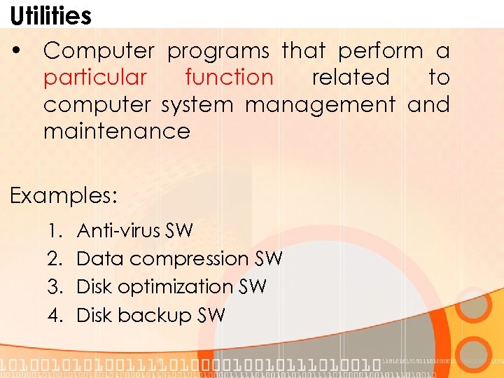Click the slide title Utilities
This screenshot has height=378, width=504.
[x=50, y=15]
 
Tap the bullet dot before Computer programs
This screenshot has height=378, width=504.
[x=19, y=51]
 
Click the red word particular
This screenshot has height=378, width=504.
[x=95, y=78]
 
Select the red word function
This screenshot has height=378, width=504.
[x=229, y=78]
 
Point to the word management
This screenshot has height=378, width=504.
[x=320, y=105]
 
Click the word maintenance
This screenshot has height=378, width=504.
[x=116, y=132]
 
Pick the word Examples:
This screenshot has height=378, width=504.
[x=64, y=195]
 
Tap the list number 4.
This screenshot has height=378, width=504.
[x=55, y=315]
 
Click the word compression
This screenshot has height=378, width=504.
[x=189, y=259]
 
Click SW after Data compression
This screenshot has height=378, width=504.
[x=269, y=259]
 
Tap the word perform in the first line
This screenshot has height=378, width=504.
[x=380, y=51]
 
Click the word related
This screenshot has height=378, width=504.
[x=350, y=78]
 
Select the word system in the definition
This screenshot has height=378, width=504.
[x=199, y=105]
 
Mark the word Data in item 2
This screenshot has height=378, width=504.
[x=100, y=259]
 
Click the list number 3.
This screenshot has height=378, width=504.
[x=55, y=287]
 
